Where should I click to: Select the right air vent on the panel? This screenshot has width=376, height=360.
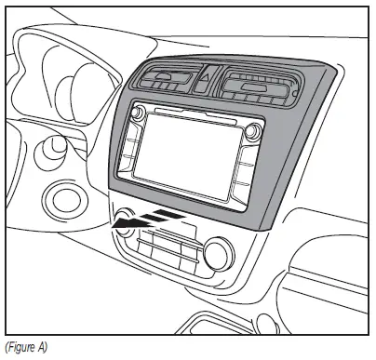256,89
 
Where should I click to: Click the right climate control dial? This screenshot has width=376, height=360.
219,252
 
